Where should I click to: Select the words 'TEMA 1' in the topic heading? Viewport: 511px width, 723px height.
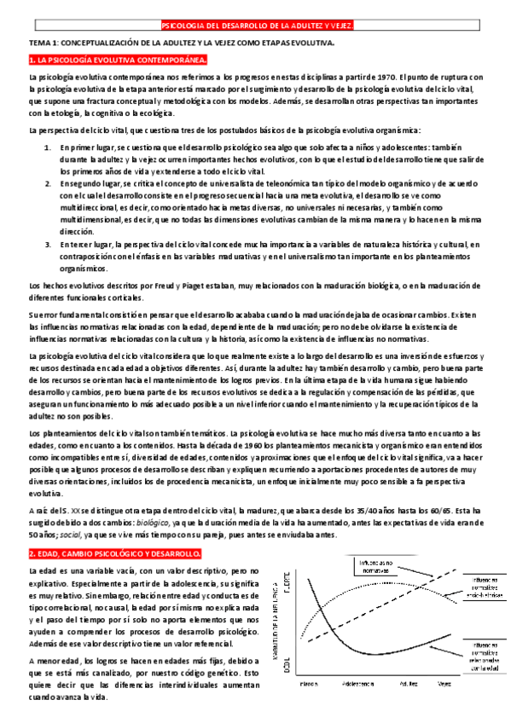pos(42,41)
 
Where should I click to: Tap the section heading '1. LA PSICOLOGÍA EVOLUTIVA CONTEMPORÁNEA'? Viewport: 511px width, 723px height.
pos(119,60)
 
